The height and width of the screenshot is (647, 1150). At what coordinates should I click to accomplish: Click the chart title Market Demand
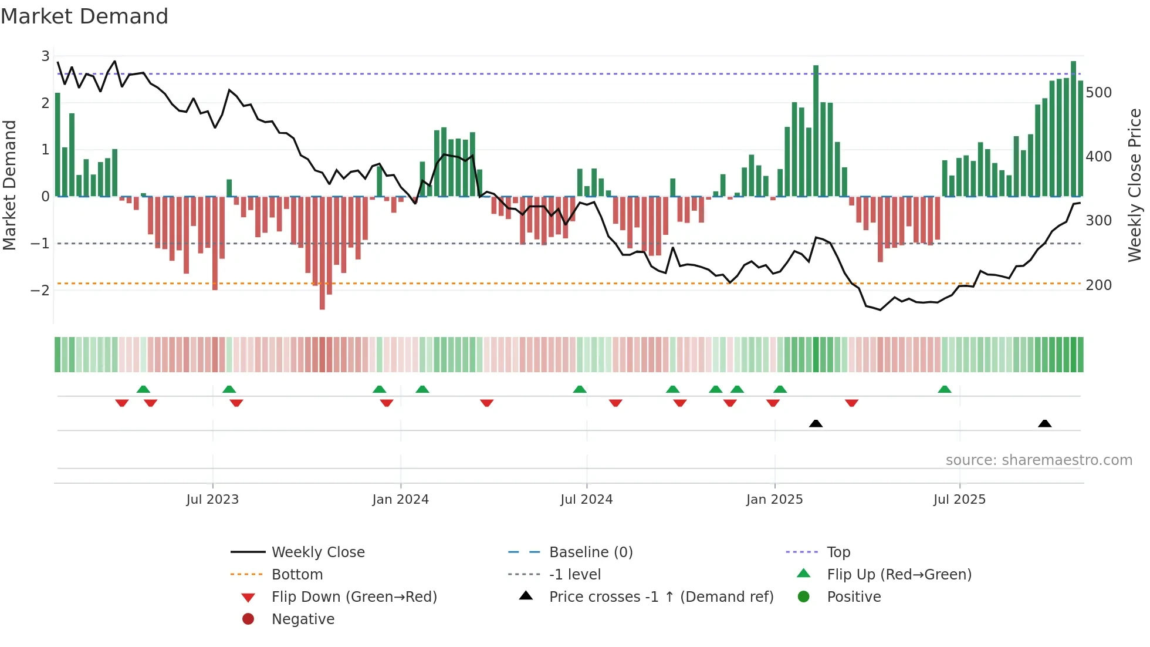coord(84,16)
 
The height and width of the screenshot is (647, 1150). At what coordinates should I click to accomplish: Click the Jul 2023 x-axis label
coord(212,500)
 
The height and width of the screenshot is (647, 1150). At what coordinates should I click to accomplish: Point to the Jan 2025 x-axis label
coord(774,500)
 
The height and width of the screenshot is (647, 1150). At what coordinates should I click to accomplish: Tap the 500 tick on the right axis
coord(1098,93)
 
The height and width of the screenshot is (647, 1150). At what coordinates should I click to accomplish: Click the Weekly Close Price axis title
coord(1135,185)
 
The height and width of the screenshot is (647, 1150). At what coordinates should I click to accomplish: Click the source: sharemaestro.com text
coord(1039,460)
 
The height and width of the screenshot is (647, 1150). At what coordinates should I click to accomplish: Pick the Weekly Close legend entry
coord(318,552)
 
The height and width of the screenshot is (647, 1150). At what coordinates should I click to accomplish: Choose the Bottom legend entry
coord(297,575)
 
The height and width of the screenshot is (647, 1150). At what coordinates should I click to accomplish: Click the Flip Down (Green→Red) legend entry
coord(354,597)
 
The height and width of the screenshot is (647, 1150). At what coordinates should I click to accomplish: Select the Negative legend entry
coord(303,619)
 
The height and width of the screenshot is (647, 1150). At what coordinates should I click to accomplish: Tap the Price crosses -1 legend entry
coord(661,597)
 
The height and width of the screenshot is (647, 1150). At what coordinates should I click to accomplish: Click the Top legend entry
coord(838,552)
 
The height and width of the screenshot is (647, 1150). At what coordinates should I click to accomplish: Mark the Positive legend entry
coord(854,597)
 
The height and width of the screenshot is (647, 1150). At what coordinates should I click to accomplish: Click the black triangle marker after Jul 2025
coord(1044,423)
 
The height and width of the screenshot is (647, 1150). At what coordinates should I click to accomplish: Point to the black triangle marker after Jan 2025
coord(816,423)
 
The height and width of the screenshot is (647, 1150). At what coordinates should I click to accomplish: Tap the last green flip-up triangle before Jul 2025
coord(944,389)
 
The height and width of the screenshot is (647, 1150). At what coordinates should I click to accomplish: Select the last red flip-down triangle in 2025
coord(851,403)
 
